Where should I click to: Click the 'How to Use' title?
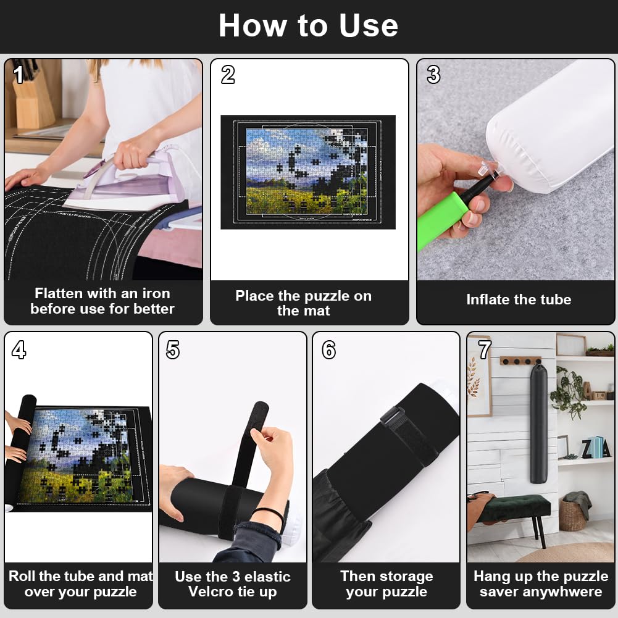pos(308,26)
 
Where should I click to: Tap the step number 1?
pos(19,75)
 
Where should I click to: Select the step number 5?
pos(173,350)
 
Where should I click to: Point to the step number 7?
pos(485,350)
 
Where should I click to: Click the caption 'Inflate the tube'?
pos(518,300)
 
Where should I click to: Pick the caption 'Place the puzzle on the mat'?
pos(303,303)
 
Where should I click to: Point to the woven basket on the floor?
pos(572,516)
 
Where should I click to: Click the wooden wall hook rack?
pos(520,361)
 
